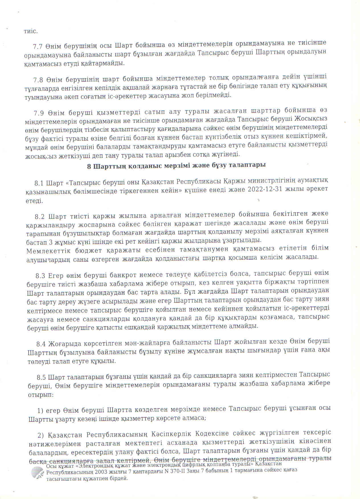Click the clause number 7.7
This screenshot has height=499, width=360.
click(x=38, y=46)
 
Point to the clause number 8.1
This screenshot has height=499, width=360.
click(x=39, y=183)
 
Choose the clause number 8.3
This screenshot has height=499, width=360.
click(x=40, y=276)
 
